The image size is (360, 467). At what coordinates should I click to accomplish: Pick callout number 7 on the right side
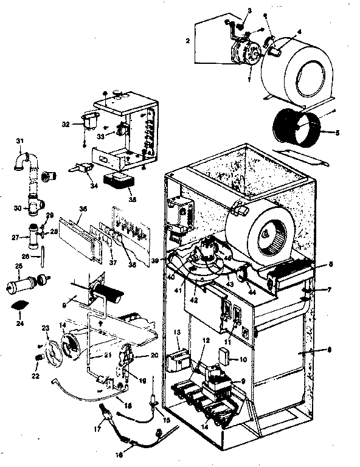pos(328,289)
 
